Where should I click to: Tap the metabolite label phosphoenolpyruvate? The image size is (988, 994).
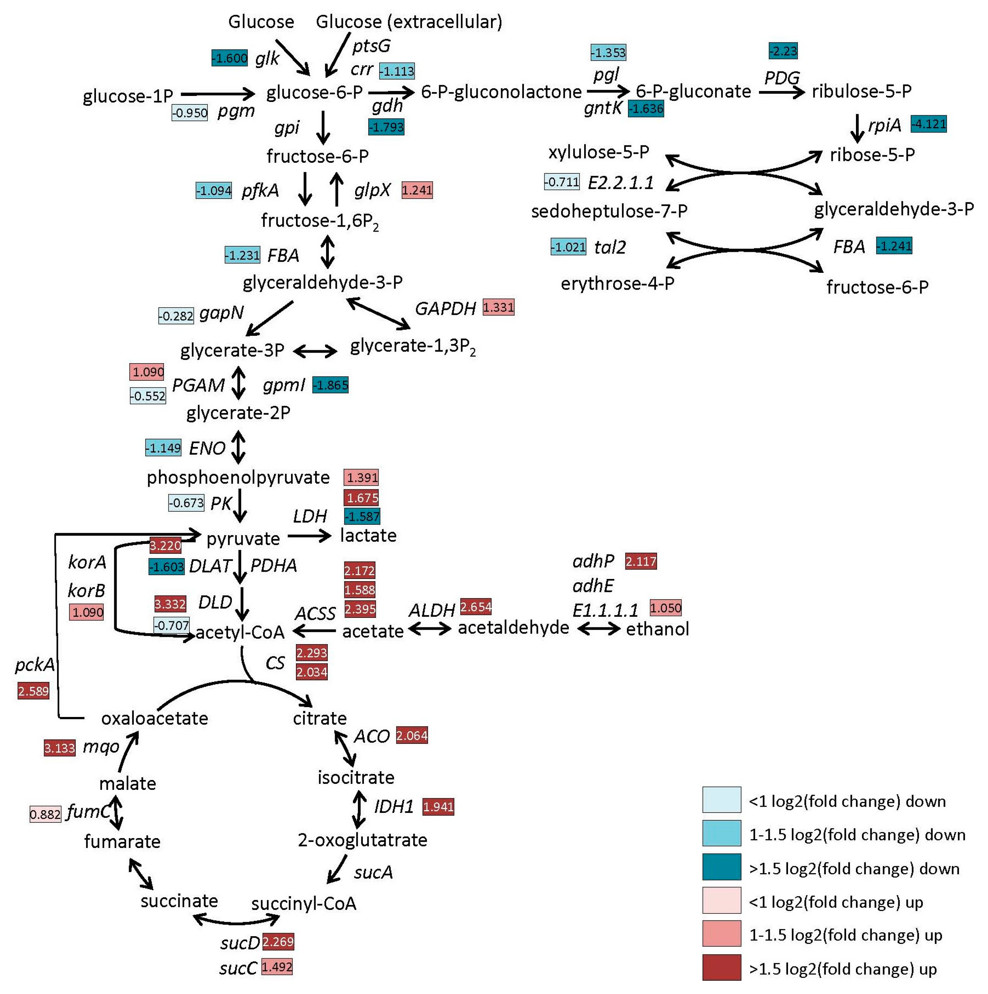click(x=238, y=477)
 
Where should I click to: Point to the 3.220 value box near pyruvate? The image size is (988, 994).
click(x=165, y=545)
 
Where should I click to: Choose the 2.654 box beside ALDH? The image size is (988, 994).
click(x=476, y=607)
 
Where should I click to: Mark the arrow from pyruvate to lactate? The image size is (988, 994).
click(x=309, y=536)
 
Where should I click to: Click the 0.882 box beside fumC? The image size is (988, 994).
click(x=45, y=814)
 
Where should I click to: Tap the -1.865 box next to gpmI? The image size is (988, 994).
click(x=330, y=385)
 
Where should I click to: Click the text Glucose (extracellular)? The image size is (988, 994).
click(x=409, y=22)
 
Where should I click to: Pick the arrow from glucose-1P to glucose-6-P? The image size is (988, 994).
click(x=218, y=94)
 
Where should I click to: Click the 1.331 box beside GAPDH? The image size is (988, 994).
click(x=498, y=307)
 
